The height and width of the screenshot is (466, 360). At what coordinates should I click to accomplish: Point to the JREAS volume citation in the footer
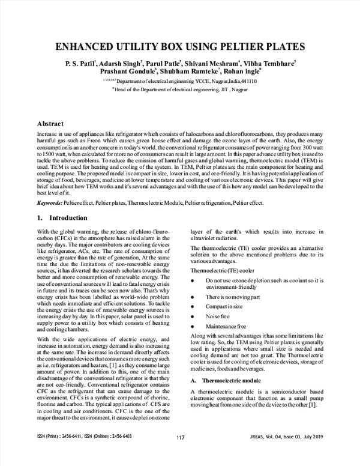pos(292,453)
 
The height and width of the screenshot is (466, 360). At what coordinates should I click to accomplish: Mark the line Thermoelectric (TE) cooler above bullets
pos(218,270)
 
